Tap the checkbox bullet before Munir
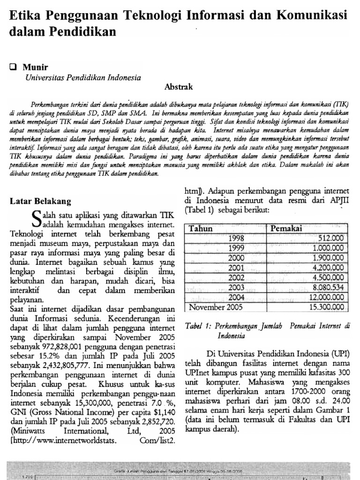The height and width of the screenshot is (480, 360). pos(13,67)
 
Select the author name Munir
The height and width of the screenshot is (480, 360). pos(35,67)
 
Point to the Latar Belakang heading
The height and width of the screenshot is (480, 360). pos(40,202)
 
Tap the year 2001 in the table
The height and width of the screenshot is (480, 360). pos(236,268)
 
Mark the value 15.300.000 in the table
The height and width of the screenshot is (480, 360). pos(326,307)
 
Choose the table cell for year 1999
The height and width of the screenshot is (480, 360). pos(236,248)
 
